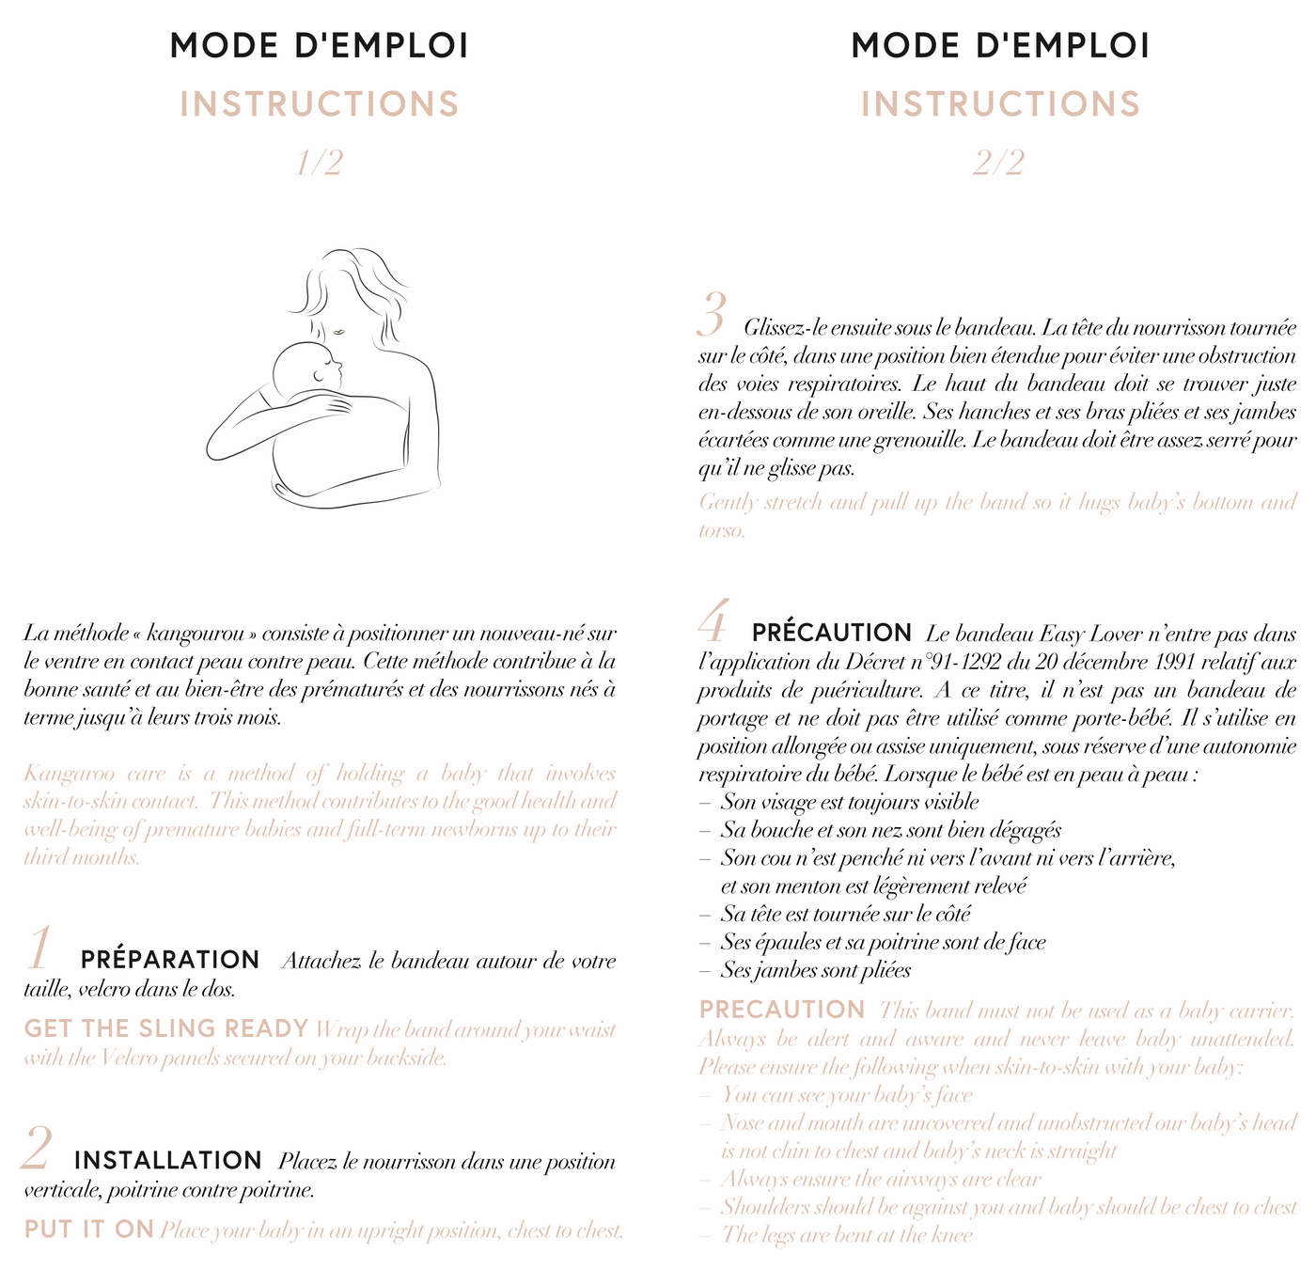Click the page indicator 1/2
[x=320, y=164]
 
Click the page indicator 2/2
[x=998, y=164]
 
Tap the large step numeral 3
[x=713, y=316]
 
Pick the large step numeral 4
[x=714, y=622]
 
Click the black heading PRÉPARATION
[x=170, y=960]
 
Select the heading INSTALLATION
[x=168, y=1161]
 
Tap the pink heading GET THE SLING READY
[x=166, y=1028]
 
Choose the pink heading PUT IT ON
[x=89, y=1230]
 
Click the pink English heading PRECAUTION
[x=782, y=1011]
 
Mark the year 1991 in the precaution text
[x=1174, y=663]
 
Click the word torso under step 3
[x=722, y=530]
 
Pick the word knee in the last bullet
[x=950, y=1234]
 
